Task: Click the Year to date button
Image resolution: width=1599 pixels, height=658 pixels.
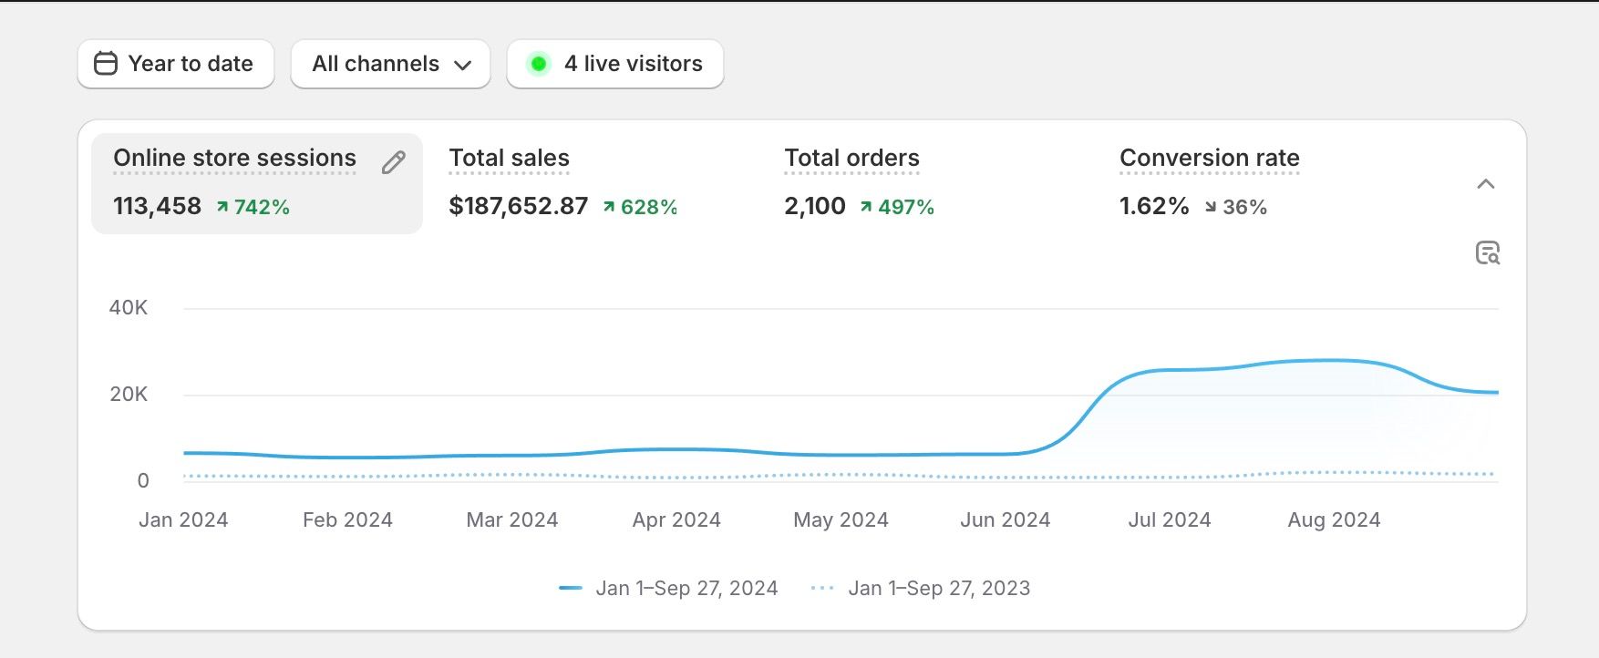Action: tap(176, 64)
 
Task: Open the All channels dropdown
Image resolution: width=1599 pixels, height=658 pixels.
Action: tap(390, 64)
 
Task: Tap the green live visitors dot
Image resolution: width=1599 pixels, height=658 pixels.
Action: tap(539, 64)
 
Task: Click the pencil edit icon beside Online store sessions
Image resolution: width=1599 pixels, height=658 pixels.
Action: tap(393, 162)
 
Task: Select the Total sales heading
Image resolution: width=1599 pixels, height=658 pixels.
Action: tap(509, 158)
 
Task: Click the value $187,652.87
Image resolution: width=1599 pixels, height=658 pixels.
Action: tap(518, 206)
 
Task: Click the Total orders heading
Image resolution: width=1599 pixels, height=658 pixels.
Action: tap(851, 158)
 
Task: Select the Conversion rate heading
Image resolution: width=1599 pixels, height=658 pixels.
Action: tap(1209, 158)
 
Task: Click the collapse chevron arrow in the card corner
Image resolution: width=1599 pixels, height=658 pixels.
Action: tap(1486, 184)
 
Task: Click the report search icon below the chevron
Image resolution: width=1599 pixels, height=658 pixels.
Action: tap(1487, 252)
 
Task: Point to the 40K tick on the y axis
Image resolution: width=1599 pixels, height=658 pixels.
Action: tap(129, 308)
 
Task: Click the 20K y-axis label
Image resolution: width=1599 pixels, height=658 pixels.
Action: tap(129, 395)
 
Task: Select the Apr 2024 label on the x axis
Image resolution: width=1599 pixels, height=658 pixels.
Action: tap(676, 519)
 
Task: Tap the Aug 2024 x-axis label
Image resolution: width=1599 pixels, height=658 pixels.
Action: tap(1334, 519)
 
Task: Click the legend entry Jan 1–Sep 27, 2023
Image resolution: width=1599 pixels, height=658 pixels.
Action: tap(938, 589)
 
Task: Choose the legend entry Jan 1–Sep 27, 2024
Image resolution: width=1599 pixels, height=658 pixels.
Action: tap(686, 589)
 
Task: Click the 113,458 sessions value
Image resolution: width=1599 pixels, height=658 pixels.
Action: tap(157, 206)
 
